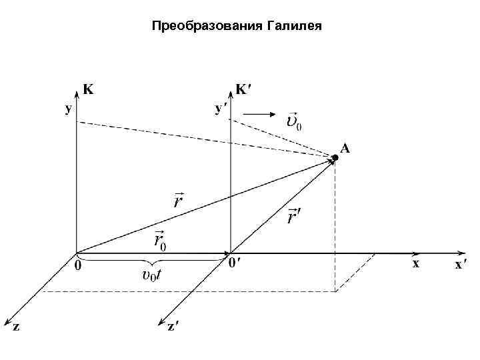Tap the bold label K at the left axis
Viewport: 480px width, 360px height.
tap(87, 89)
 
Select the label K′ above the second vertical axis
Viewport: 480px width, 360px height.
tap(244, 89)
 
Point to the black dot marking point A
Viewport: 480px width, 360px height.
tap(335, 157)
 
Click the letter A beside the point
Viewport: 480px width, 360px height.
tap(345, 149)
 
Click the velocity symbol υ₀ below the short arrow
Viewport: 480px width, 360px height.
tap(293, 122)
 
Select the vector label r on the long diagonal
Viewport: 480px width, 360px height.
tap(179, 199)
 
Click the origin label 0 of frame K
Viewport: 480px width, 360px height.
tap(79, 265)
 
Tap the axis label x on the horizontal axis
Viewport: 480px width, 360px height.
tap(415, 263)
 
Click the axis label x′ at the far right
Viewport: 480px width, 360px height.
tap(459, 265)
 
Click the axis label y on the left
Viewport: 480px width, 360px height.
tap(68, 110)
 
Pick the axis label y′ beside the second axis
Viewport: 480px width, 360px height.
tap(219, 108)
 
